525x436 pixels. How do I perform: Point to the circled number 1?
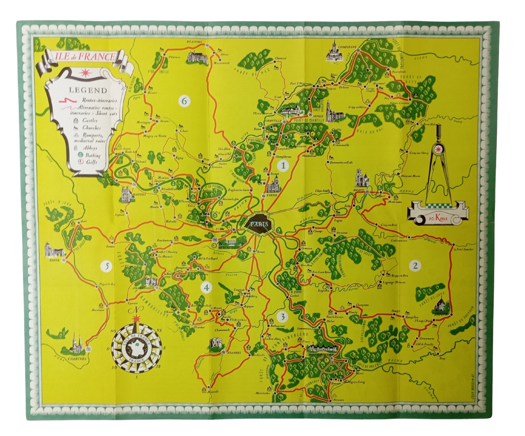click(283, 166)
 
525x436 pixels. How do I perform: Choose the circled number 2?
click(415, 265)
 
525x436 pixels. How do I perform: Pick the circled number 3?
click(283, 316)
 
